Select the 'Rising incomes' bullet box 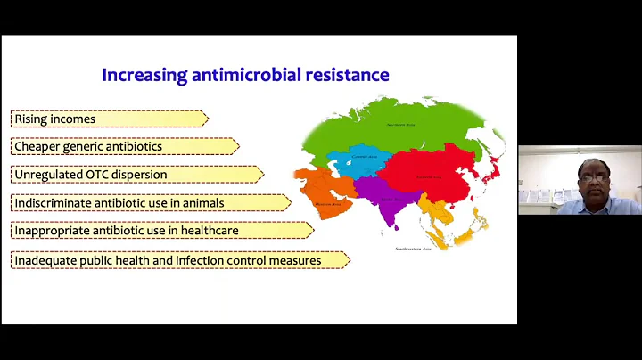107,119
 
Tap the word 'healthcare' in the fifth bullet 206,231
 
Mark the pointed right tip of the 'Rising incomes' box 208,119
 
